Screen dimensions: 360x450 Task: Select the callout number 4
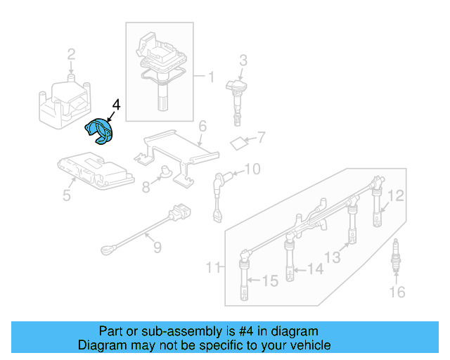(116, 105)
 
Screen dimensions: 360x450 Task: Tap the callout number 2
(71, 54)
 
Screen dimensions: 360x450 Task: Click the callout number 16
(397, 292)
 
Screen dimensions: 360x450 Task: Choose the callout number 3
(243, 60)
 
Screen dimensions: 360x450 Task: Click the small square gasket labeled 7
(239, 143)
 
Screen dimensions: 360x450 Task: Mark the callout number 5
(67, 195)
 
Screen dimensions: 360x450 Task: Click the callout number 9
(157, 247)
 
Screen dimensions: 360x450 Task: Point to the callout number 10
(252, 169)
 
